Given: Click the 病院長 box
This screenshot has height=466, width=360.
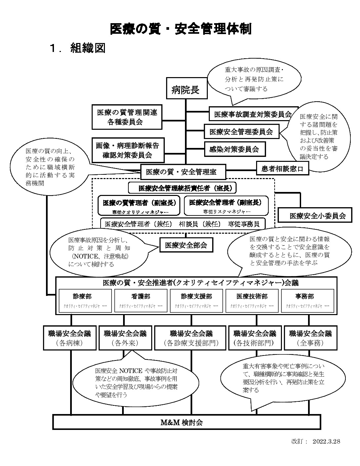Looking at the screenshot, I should [x=186, y=89].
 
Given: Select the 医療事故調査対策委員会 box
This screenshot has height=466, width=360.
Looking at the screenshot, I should [x=253, y=114].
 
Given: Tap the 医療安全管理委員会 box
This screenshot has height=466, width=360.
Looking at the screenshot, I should [x=242, y=131].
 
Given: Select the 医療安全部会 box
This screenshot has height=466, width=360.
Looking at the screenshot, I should [x=186, y=245].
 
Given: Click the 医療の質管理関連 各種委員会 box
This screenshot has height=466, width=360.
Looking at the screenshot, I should [x=127, y=117].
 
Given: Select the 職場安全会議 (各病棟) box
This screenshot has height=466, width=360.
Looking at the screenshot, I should [x=69, y=338].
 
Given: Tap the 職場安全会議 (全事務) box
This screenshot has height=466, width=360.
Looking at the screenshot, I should [x=310, y=338].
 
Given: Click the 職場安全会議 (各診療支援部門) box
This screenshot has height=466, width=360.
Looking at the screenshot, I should [x=191, y=338].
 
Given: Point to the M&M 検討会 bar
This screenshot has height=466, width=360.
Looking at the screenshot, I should [x=187, y=422].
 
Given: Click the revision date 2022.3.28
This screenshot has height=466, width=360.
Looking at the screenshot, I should [x=326, y=441].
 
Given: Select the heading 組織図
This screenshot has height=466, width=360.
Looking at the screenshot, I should [x=88, y=48].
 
